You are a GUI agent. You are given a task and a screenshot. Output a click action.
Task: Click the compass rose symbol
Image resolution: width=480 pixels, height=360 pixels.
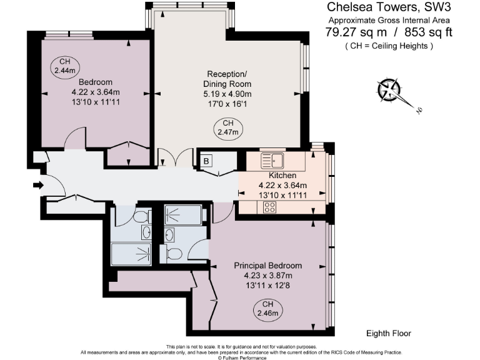click(389, 90)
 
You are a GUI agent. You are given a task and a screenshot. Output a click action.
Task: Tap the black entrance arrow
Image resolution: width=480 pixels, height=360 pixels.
click(39, 185)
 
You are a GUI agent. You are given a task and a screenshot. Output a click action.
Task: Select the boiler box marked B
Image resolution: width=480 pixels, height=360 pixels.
click(206, 161)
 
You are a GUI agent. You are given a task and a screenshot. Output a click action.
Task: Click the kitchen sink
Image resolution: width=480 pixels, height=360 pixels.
click(272, 161)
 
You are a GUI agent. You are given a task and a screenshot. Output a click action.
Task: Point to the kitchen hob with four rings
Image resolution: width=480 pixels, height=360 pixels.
click(270, 207)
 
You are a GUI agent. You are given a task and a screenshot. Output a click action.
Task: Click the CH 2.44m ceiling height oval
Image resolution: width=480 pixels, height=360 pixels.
click(64, 67)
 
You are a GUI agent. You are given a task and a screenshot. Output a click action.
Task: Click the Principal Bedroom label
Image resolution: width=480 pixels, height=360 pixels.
click(268, 266)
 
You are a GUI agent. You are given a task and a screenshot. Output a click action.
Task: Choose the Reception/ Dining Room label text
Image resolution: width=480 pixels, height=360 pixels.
click(227, 79)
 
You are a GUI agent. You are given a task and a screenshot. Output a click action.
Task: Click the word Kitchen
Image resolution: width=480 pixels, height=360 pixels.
click(282, 175)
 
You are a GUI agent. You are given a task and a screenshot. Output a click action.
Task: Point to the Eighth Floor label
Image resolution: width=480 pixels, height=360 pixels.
click(389, 333)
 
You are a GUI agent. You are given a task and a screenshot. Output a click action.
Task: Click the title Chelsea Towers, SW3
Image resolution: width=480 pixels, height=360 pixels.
click(389, 7)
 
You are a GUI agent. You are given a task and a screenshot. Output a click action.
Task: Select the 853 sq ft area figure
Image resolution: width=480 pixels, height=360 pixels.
click(428, 32)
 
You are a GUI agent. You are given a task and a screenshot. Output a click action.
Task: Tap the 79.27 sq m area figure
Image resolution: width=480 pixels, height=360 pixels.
click(356, 32)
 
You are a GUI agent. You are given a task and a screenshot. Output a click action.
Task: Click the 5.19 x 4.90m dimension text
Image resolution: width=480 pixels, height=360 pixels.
click(227, 94)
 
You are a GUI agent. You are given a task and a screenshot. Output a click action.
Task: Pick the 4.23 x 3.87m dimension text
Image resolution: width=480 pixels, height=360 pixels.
click(268, 275)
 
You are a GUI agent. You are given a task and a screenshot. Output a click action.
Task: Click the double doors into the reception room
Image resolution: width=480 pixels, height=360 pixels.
click(176, 157)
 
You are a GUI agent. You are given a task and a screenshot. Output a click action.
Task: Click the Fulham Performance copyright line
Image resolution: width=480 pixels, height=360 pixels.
click(242, 357)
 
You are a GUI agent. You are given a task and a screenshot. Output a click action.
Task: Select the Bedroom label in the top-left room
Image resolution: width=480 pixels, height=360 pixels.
click(96, 82)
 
